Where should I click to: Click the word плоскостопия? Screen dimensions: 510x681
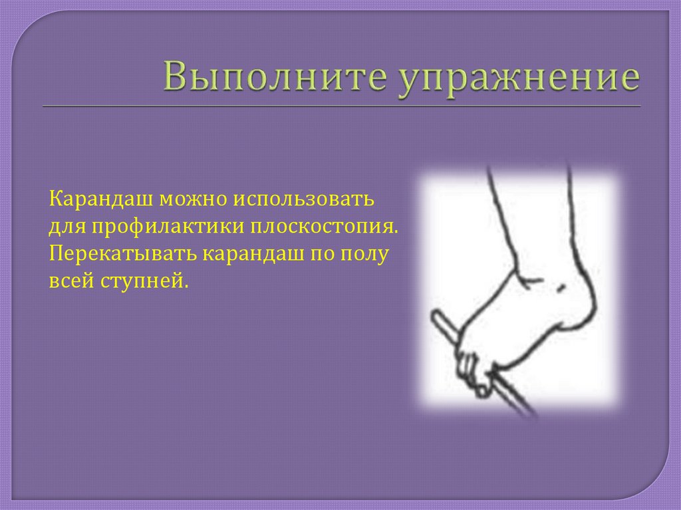325,228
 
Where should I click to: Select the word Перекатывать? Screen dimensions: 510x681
121,255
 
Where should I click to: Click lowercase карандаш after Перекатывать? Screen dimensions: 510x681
250,255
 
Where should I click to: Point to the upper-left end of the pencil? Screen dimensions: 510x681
439,318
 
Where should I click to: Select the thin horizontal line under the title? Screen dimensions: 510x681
340,106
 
